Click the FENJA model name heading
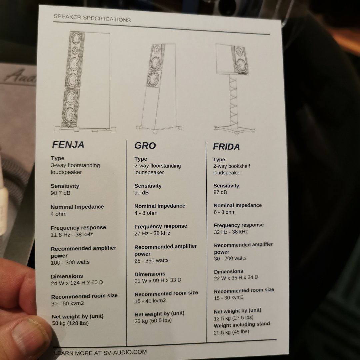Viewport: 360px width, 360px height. [x=68, y=145]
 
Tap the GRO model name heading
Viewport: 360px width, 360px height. [x=145, y=146]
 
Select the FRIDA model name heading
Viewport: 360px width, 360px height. [x=226, y=146]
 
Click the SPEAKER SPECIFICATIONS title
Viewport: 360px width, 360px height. [x=92, y=18]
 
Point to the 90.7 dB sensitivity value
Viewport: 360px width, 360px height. [x=61, y=193]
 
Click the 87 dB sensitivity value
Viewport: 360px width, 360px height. [x=220, y=192]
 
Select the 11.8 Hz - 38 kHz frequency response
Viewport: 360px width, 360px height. [x=72, y=235]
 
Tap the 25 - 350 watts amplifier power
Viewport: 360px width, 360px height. [x=152, y=261]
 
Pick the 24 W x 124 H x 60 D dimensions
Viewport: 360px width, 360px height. [x=77, y=283]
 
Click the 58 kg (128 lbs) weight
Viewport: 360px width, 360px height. [x=70, y=323]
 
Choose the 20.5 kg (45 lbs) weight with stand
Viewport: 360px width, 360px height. [x=231, y=332]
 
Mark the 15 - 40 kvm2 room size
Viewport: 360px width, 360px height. [x=150, y=301]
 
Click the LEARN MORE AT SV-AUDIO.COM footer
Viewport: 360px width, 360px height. [x=100, y=352]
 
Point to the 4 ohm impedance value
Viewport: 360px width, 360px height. [x=59, y=214]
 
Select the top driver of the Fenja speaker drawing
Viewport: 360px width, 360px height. [x=76, y=38]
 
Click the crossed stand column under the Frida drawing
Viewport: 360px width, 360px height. [x=233, y=101]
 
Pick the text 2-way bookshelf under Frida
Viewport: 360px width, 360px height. [x=231, y=166]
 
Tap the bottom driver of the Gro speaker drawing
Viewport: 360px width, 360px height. [x=153, y=79]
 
